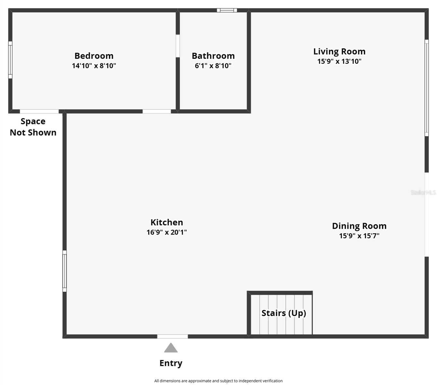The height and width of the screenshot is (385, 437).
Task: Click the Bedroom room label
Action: coord(94,56)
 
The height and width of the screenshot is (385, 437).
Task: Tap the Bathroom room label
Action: coord(213,56)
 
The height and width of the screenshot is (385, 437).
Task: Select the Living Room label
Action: coord(339,51)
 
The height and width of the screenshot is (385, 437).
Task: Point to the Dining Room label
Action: coord(359,226)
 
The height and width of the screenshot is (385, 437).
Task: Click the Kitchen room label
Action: coord(167,222)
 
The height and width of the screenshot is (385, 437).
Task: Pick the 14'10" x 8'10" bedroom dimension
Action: coord(94,66)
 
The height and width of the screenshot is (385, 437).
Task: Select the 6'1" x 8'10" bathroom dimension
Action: coord(213,66)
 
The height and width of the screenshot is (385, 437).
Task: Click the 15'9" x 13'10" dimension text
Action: coord(339,61)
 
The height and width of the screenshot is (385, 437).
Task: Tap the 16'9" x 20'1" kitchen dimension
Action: coord(167,232)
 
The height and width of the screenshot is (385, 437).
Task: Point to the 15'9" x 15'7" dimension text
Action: coord(359,236)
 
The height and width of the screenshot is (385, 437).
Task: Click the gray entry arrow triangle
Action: coord(171,348)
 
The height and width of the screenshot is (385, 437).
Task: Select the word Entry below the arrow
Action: coord(171,363)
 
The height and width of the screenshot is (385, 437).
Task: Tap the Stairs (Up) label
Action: coord(284,313)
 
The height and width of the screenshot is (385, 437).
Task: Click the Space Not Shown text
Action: coord(33,127)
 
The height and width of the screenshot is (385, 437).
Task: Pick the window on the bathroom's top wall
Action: coord(227,10)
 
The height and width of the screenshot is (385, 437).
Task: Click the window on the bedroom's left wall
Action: coord(10,60)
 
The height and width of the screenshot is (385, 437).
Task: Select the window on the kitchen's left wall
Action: coord(65,271)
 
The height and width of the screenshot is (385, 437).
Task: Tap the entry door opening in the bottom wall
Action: coord(172,336)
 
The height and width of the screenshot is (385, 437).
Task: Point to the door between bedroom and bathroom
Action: coord(178,46)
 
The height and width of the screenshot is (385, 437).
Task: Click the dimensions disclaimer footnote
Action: coord(218,381)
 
